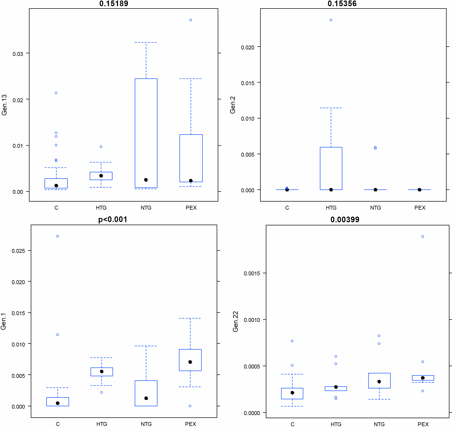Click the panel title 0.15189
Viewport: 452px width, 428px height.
point(114,4)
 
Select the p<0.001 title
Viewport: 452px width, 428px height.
point(113,219)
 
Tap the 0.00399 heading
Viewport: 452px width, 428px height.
point(345,220)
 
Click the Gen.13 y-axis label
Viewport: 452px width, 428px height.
point(4,105)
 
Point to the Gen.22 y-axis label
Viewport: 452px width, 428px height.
point(235,321)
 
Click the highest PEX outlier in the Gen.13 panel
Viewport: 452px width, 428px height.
point(191,20)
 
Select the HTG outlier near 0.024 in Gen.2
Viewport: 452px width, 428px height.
point(331,20)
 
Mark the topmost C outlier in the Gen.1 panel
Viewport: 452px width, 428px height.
point(57,236)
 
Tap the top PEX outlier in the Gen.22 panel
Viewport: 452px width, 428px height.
point(423,237)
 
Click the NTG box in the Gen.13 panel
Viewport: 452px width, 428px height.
point(146,133)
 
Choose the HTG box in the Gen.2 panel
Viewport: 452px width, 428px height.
point(331,168)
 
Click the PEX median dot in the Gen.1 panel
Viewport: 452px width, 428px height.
point(190,362)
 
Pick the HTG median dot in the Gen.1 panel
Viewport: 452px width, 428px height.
point(102,372)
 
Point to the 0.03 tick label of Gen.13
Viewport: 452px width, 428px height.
point(18,54)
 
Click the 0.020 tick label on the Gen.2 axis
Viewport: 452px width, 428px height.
point(248,47)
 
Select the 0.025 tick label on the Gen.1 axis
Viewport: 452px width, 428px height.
point(18,251)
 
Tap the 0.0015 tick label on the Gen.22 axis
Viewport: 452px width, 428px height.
point(252,274)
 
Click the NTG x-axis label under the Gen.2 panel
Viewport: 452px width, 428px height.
point(375,208)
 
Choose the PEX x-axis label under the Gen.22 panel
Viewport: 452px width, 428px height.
point(423,424)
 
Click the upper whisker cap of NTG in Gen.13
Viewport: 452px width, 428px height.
point(146,42)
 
